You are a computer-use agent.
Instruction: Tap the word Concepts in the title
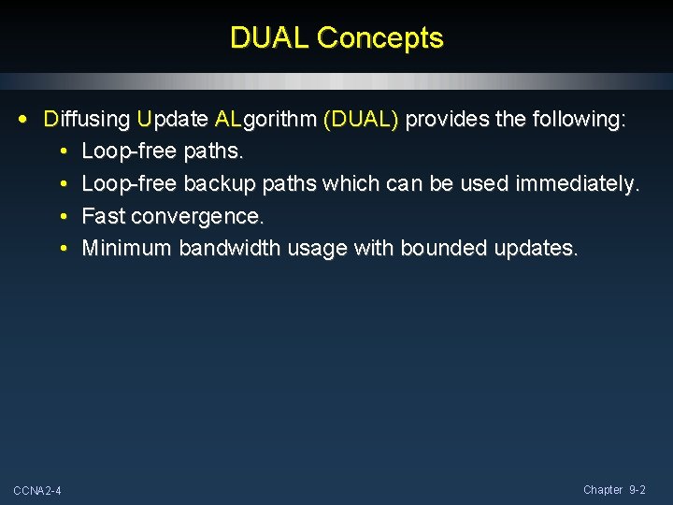click(x=379, y=38)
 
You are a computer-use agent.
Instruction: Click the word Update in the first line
click(x=172, y=120)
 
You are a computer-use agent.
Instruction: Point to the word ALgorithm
click(x=265, y=121)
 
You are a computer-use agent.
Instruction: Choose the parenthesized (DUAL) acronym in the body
click(x=361, y=120)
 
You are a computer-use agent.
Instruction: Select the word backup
click(x=220, y=184)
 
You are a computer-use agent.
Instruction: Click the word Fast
click(x=104, y=216)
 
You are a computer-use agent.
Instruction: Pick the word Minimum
click(x=127, y=248)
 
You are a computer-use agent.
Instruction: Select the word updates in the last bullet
click(x=532, y=249)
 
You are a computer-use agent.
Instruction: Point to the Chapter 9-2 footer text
click(x=614, y=490)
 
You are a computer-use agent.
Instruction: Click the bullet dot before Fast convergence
click(x=62, y=217)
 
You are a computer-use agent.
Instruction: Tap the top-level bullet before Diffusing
click(x=23, y=120)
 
